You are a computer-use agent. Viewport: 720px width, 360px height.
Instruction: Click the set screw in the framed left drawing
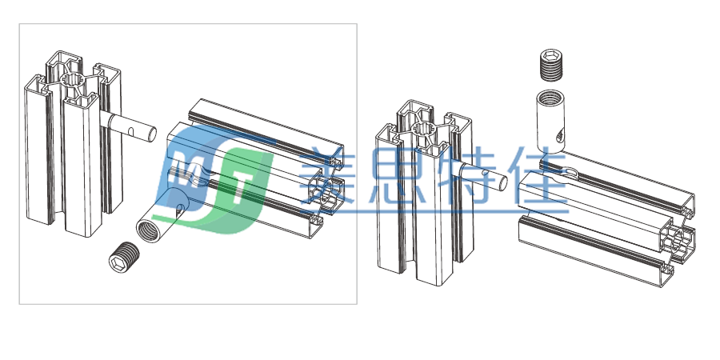click(x=124, y=256)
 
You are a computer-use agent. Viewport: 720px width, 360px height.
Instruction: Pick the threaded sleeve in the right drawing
click(x=550, y=122)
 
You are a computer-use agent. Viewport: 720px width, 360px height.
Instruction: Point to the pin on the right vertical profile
click(x=482, y=176)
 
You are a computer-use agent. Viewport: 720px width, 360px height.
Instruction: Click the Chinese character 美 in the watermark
click(x=328, y=175)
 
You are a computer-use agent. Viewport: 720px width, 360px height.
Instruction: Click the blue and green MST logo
click(x=214, y=178)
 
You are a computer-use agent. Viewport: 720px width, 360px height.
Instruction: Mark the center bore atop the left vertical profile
click(x=73, y=79)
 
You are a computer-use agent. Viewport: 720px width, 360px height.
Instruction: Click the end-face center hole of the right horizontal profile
click(x=679, y=242)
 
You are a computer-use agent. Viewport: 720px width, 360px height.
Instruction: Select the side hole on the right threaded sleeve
click(x=560, y=135)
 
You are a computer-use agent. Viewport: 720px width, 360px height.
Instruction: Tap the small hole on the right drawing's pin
click(x=486, y=173)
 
